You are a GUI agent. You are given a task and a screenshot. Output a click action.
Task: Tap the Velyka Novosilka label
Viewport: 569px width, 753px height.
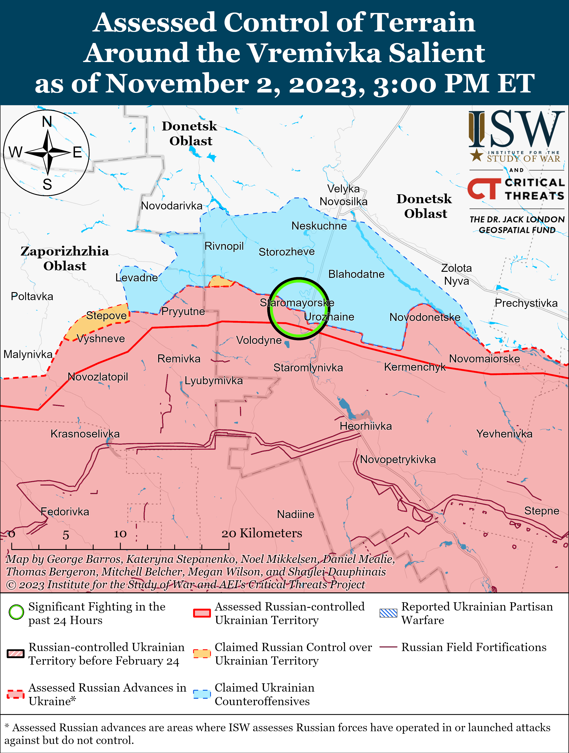click(343, 195)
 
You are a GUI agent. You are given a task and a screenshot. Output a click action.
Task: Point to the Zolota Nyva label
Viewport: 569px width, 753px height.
click(456, 274)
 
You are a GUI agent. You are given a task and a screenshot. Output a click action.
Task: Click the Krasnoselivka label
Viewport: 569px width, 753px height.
click(85, 434)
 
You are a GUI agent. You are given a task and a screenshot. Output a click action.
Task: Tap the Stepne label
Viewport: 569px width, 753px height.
click(542, 511)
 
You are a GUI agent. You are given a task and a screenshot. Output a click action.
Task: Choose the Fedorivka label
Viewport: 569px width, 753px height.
click(65, 512)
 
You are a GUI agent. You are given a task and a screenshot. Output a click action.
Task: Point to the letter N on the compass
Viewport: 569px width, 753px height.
click(47, 121)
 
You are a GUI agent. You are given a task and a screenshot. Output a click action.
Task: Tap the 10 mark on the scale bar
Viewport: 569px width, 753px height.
click(120, 534)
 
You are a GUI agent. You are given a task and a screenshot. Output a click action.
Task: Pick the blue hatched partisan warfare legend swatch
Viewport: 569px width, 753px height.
click(388, 613)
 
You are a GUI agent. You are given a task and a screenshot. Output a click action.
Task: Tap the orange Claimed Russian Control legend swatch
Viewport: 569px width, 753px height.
click(202, 654)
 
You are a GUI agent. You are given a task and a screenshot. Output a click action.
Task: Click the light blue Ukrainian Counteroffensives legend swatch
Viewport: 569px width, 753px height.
click(202, 694)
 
